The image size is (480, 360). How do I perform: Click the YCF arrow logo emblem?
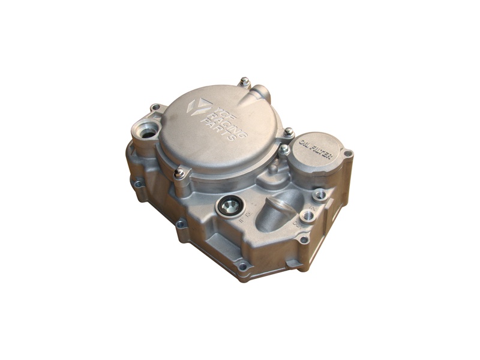[x=199, y=106]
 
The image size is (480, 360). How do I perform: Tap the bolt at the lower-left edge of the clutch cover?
[x=179, y=173]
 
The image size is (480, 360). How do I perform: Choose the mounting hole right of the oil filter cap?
[x=347, y=154]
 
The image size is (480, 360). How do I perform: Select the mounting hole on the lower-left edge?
[x=180, y=224]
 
